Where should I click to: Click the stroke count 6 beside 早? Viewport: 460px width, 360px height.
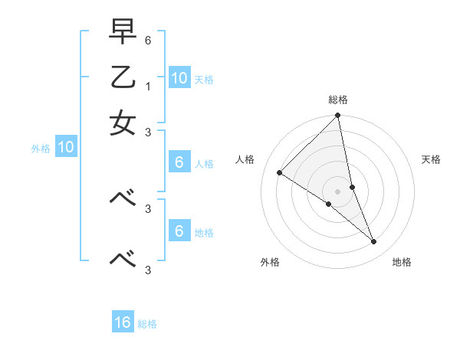click(x=148, y=39)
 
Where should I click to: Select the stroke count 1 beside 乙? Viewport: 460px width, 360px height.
click(x=148, y=86)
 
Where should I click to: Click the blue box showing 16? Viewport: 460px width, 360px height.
click(x=123, y=322)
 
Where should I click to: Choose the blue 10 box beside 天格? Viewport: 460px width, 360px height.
click(x=179, y=78)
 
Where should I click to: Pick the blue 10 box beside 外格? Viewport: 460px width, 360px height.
click(x=66, y=148)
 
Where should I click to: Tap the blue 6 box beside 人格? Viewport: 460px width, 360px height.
click(x=179, y=162)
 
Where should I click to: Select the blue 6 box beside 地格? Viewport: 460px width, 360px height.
click(x=179, y=231)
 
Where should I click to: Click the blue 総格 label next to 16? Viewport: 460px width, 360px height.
click(x=147, y=324)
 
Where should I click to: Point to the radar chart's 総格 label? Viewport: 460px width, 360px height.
click(x=338, y=100)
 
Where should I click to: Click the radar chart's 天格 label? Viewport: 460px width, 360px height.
click(x=431, y=159)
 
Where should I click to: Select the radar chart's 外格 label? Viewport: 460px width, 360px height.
click(x=269, y=262)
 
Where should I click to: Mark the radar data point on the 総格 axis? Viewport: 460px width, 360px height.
click(x=338, y=116)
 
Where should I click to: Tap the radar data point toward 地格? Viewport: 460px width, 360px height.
click(x=374, y=242)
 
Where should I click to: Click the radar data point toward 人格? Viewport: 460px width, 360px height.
click(x=280, y=173)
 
